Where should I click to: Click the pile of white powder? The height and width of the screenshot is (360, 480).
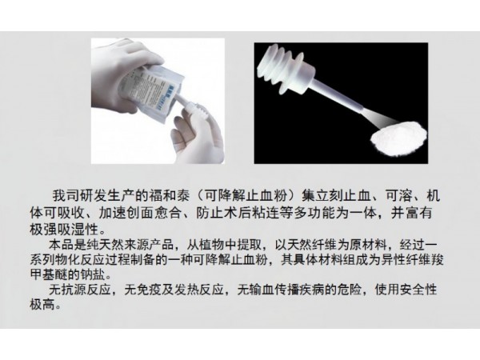click(x=398, y=138)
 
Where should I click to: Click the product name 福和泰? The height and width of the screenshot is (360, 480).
click(x=169, y=196)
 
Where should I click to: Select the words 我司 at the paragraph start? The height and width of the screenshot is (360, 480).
click(x=65, y=196)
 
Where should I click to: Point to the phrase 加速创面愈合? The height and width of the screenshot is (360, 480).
click(x=139, y=213)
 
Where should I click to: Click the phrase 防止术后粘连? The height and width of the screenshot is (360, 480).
click(x=237, y=213)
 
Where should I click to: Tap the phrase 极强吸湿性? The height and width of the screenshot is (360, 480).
click(x=64, y=229)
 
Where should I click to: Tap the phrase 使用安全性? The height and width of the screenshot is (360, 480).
click(x=406, y=290)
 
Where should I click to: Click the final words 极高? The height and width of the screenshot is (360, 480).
click(x=42, y=304)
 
